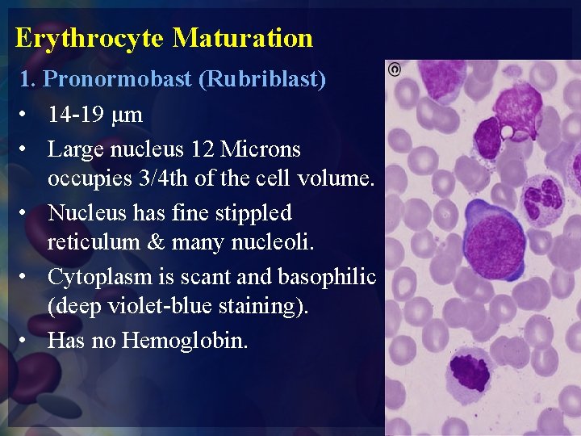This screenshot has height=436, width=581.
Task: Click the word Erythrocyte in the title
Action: tap(90, 38)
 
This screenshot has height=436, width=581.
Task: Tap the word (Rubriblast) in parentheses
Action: tap(264, 80)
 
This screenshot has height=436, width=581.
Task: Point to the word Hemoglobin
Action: tap(185, 341)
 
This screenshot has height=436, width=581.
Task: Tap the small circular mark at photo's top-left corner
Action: tap(395, 69)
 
